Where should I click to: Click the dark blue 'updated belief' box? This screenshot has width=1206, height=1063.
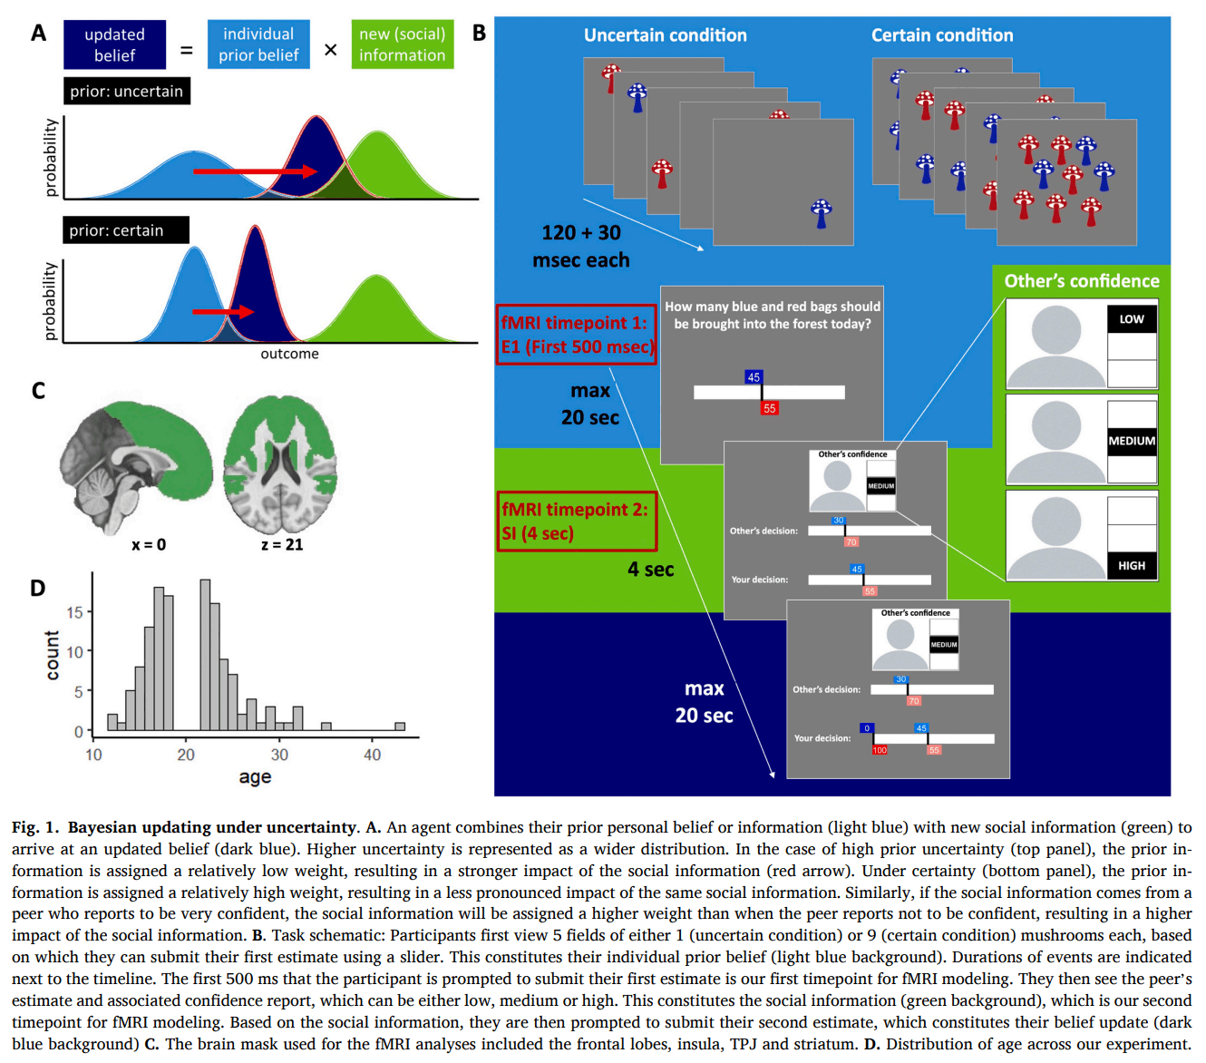(114, 44)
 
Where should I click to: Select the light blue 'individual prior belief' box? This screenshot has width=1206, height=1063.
(258, 44)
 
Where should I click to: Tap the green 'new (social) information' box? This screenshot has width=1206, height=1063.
(402, 44)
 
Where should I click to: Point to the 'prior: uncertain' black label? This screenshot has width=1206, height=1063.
(127, 91)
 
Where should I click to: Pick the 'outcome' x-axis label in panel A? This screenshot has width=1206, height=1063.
(289, 354)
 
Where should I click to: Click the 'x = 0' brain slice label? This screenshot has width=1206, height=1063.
(149, 544)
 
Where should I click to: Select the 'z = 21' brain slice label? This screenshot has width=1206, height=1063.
(282, 544)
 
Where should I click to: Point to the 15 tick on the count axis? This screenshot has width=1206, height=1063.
(74, 612)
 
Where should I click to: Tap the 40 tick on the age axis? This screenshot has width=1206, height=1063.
(372, 755)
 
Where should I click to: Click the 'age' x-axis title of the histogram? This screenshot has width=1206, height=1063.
(255, 777)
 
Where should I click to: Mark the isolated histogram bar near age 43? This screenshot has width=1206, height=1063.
(400, 726)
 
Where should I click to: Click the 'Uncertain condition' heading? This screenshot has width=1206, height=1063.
(665, 35)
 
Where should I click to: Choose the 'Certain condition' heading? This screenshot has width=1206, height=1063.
(942, 35)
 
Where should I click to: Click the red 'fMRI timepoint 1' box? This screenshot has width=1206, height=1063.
(576, 335)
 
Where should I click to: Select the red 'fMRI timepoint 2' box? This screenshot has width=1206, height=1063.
(576, 522)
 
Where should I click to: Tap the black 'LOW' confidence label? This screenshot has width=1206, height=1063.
(1132, 319)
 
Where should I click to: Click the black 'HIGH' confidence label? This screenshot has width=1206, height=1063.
(1132, 565)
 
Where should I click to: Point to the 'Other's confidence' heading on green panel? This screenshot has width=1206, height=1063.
(1081, 281)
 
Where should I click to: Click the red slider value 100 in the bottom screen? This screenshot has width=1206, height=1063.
(880, 750)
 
